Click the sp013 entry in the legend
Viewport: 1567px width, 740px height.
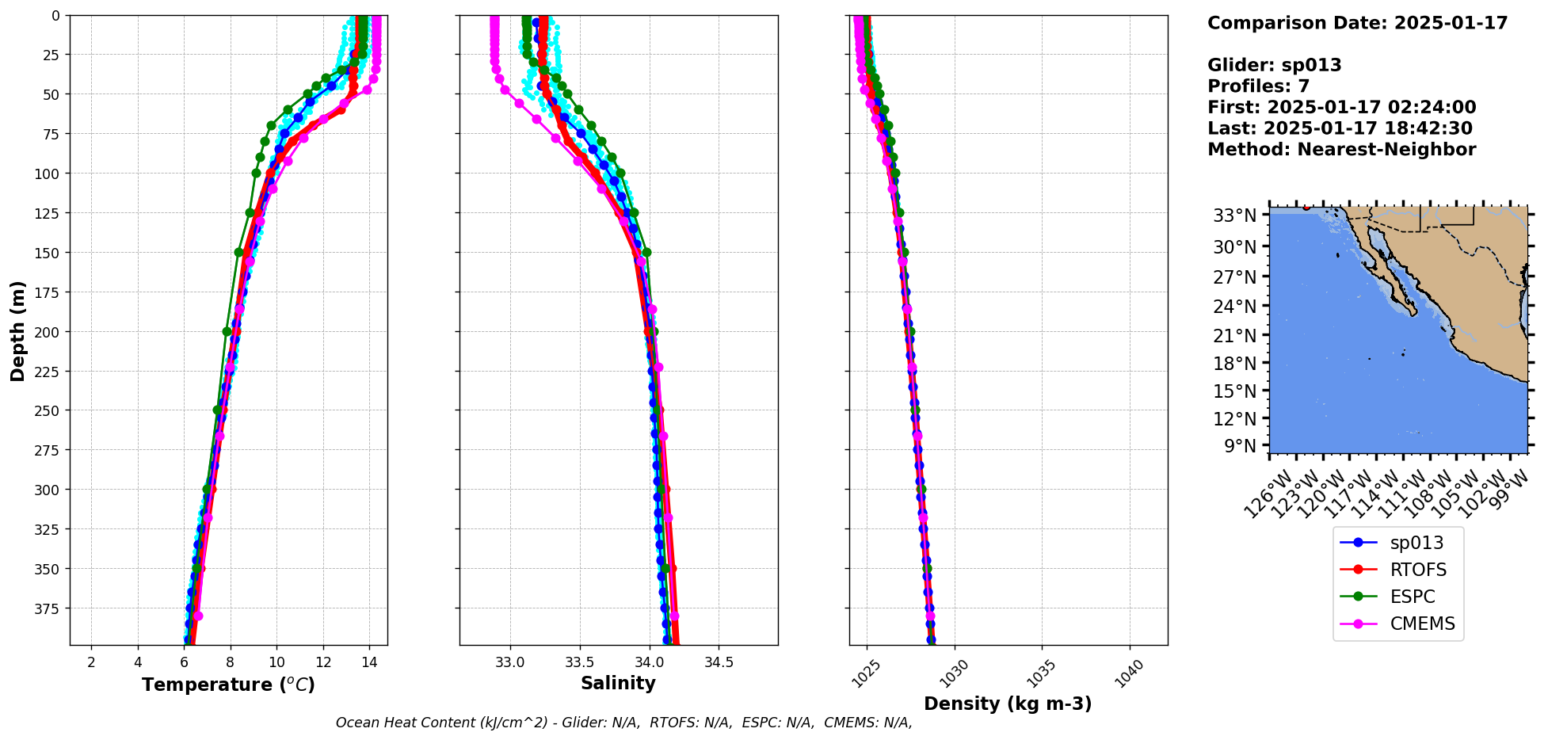[x=1416, y=543]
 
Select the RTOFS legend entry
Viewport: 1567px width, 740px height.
[x=1417, y=570]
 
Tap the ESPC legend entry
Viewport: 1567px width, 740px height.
[x=1412, y=597]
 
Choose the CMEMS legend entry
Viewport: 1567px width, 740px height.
[x=1422, y=624]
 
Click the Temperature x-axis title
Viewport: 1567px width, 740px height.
[x=228, y=685]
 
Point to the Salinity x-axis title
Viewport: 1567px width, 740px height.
[x=618, y=683]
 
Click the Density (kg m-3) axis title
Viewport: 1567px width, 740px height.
[x=1008, y=704]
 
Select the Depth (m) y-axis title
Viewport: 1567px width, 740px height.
[x=18, y=330]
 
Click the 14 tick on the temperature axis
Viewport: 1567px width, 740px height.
[x=369, y=662]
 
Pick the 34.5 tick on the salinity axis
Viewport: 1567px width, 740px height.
[x=719, y=662]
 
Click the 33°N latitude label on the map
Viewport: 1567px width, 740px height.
[x=1235, y=216]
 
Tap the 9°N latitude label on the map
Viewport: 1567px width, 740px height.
[x=1241, y=446]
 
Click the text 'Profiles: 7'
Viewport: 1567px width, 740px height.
[x=1258, y=86]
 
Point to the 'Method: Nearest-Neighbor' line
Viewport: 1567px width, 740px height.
[x=1341, y=150]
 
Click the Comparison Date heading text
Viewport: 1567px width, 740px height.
[x=1357, y=23]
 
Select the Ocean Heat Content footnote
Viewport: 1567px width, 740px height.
[x=623, y=723]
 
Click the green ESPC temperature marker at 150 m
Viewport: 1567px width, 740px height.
[x=239, y=252]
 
